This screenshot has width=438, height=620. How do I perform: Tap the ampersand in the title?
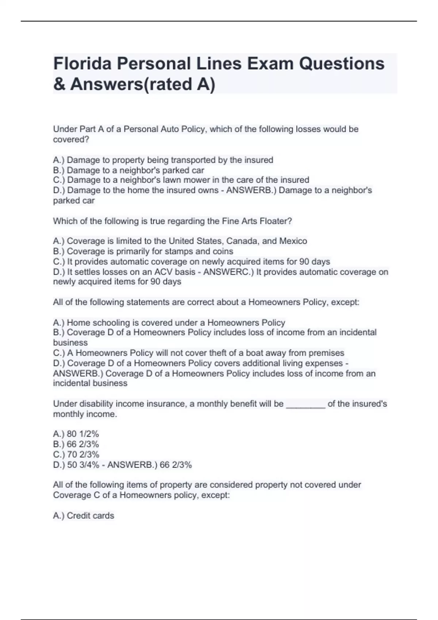click(x=59, y=84)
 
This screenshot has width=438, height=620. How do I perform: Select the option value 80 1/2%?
click(x=83, y=434)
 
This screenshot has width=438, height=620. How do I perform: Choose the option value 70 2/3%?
click(x=83, y=454)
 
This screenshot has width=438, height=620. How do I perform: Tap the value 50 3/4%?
click(x=83, y=465)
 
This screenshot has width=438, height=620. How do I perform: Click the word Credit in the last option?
click(x=78, y=516)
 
